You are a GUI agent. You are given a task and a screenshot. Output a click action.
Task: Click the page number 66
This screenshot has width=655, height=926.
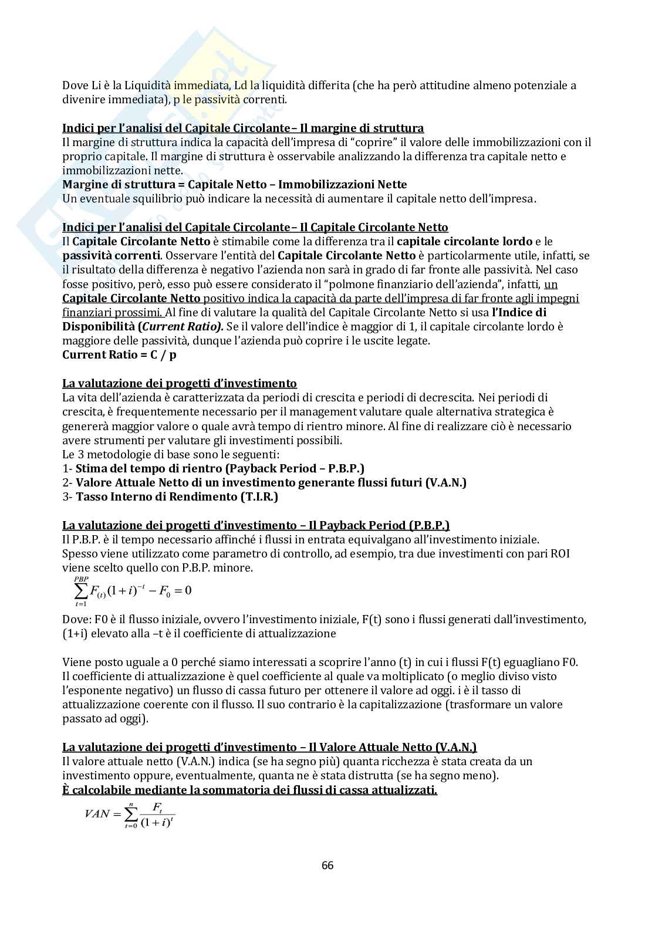(x=327, y=866)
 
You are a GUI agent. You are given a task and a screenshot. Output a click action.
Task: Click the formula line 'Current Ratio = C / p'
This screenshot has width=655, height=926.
(x=113, y=355)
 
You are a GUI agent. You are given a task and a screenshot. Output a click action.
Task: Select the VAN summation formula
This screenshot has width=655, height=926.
(x=130, y=814)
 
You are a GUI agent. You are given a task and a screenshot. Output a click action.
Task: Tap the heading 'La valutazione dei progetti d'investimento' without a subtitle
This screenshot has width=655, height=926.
(x=180, y=383)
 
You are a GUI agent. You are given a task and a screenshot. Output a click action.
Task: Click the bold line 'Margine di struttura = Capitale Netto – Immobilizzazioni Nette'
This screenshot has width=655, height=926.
(x=234, y=185)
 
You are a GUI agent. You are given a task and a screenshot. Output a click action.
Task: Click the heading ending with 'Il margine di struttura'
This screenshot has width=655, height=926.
(x=243, y=128)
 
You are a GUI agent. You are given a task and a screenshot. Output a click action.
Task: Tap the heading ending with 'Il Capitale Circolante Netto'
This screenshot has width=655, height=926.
(x=255, y=227)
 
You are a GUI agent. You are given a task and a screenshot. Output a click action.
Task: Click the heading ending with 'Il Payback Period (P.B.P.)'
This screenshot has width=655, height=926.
(x=256, y=525)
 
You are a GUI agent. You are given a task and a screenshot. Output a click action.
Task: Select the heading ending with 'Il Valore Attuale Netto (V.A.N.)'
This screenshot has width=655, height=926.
(x=269, y=747)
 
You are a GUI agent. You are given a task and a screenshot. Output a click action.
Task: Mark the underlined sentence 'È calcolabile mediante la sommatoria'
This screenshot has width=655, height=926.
(x=249, y=790)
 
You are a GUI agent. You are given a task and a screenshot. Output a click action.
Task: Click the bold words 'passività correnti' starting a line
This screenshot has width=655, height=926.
(x=110, y=256)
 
